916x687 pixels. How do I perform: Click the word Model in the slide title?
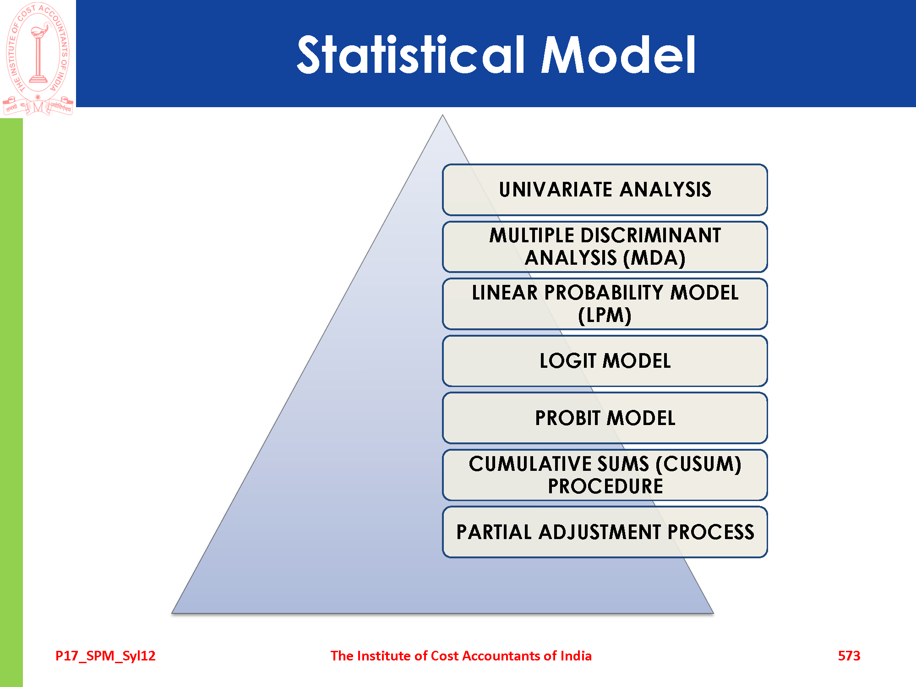tap(618, 55)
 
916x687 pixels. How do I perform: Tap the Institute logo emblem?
tap(38, 59)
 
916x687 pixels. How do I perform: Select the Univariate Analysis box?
tap(605, 190)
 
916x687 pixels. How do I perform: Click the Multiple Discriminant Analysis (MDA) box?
tap(605, 247)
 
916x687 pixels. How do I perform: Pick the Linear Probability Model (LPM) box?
tap(605, 304)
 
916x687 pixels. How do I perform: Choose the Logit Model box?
tap(605, 361)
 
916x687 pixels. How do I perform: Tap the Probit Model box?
tap(605, 418)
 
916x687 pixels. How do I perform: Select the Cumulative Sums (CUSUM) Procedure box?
tap(605, 475)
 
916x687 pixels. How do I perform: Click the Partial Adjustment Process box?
tap(605, 532)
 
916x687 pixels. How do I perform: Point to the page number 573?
tap(849, 656)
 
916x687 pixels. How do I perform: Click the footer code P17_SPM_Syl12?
tap(105, 656)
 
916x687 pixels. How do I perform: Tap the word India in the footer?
tap(576, 656)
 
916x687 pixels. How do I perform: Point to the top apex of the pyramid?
tap(442, 115)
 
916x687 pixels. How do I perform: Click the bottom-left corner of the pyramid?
tap(172, 613)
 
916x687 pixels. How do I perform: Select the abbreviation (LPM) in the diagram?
tap(605, 316)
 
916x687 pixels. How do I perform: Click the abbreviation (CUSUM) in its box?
tap(698, 464)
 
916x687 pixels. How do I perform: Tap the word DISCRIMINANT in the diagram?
tap(651, 235)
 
